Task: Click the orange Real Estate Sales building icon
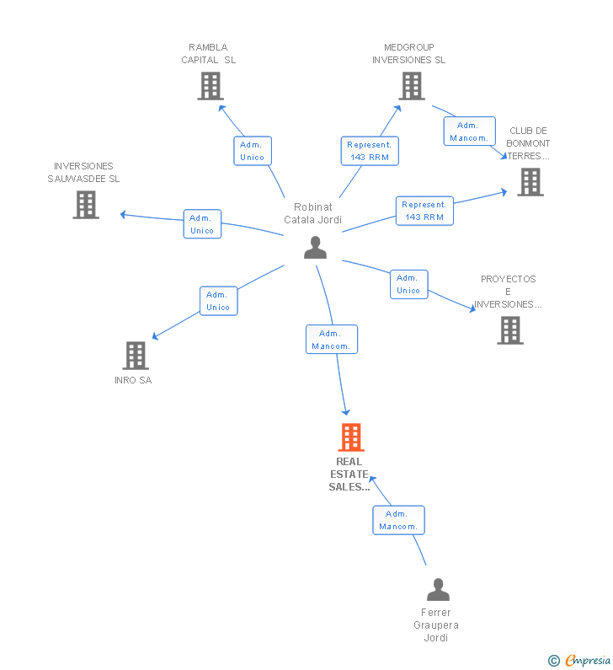(351, 437)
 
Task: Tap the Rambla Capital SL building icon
(211, 86)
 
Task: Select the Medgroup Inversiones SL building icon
(412, 86)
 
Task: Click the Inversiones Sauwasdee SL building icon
(86, 205)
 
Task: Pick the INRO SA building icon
(136, 356)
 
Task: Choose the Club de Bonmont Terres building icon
(530, 182)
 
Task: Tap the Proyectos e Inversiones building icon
(510, 330)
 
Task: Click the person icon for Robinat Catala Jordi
(315, 248)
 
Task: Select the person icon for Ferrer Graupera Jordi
(438, 590)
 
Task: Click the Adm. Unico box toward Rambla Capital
(253, 151)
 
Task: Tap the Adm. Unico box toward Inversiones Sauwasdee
(202, 224)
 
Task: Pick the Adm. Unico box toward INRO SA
(219, 301)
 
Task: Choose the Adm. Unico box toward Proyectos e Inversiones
(409, 284)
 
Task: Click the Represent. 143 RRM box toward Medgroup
(370, 151)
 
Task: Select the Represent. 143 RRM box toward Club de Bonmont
(424, 211)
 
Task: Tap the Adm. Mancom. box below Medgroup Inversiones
(470, 131)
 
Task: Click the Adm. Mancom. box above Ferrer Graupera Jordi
(399, 520)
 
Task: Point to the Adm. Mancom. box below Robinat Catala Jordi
(332, 340)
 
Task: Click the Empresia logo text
(588, 660)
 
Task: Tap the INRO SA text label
(133, 380)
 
